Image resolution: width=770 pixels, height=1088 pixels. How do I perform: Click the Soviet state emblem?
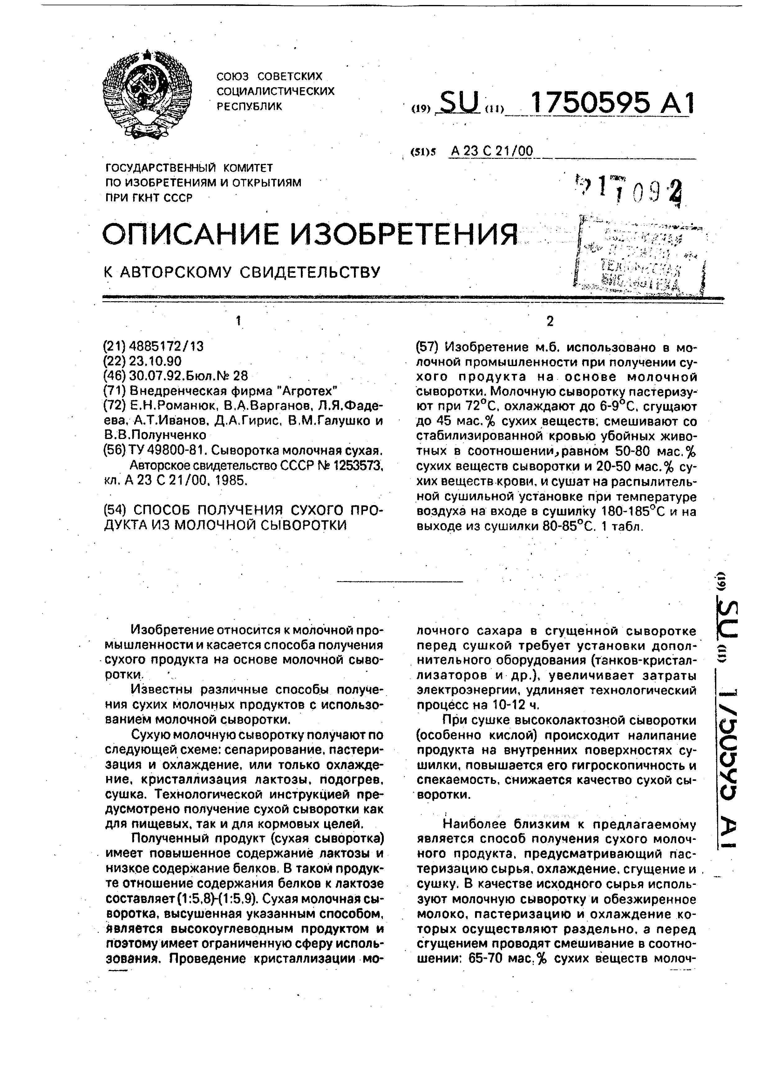pos(147,94)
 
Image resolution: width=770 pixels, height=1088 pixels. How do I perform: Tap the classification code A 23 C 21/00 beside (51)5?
pos(492,151)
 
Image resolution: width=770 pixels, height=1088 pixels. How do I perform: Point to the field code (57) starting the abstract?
pos(426,347)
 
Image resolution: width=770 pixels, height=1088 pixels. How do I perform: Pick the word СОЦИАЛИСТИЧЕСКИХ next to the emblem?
pos(275,91)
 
